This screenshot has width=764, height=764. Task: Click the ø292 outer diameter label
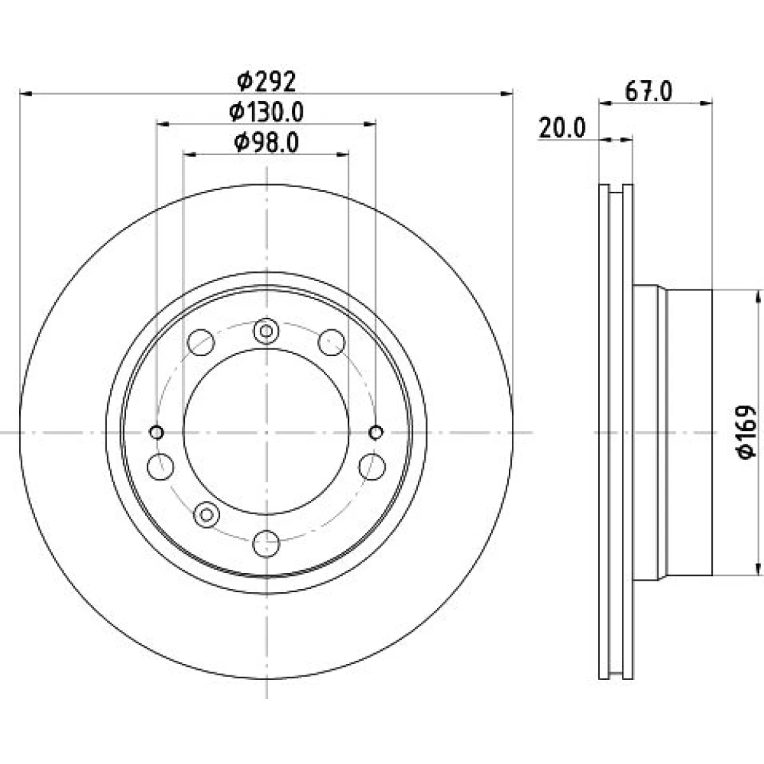tap(267, 82)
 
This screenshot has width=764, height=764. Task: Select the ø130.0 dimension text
tap(267, 112)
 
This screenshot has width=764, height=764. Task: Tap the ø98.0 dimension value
tap(267, 143)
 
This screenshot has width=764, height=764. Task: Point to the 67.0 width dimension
tap(649, 91)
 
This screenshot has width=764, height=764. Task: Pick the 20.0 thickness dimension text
tap(562, 128)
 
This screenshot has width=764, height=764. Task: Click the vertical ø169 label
tap(746, 432)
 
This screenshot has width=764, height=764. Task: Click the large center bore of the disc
tap(266, 432)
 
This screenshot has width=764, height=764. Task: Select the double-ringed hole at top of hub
tap(266, 332)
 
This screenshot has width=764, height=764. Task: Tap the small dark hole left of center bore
tap(157, 432)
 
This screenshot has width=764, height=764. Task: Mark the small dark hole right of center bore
tap(376, 432)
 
